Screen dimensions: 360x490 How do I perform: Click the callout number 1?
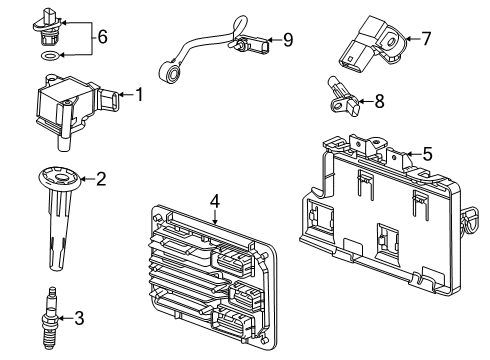pos(140,96)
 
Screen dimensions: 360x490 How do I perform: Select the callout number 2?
pos(99,180)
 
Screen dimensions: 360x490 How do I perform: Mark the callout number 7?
pos(426,39)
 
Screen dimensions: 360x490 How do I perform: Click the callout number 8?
pos(378,100)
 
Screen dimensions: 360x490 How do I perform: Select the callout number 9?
pos(288,40)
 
